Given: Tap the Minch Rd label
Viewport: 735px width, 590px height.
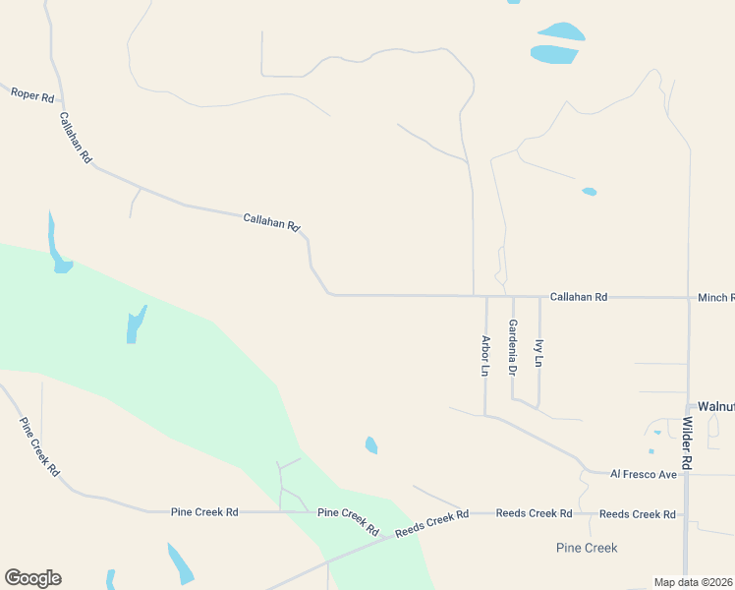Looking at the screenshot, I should (715, 297).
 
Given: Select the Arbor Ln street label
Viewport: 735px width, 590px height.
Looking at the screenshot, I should (485, 356).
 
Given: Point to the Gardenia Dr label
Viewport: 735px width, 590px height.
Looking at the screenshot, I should (512, 347).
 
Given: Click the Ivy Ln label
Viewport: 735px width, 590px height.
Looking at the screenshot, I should (538, 353).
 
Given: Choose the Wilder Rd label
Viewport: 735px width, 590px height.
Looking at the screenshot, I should (687, 442).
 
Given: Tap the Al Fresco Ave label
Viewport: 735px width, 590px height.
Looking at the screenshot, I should (644, 474).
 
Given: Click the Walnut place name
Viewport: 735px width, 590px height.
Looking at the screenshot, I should (715, 406).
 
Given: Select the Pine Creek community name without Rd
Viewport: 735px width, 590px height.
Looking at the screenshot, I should (587, 548).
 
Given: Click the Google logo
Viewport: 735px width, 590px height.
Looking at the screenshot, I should (32, 577).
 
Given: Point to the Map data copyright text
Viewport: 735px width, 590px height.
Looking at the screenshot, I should (694, 582).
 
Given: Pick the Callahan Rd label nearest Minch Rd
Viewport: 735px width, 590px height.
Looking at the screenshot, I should (579, 296).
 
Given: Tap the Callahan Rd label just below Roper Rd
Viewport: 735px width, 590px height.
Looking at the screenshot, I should (75, 138).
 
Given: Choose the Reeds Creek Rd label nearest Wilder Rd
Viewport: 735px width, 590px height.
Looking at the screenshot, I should (638, 514).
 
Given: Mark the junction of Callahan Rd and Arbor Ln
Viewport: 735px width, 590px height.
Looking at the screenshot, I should (486, 296).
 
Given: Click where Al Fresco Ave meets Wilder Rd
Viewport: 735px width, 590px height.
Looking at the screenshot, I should (688, 474).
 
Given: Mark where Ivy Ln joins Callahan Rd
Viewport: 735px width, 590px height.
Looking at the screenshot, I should (539, 296).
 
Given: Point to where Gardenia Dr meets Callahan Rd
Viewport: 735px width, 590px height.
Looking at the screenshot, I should (513, 296).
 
